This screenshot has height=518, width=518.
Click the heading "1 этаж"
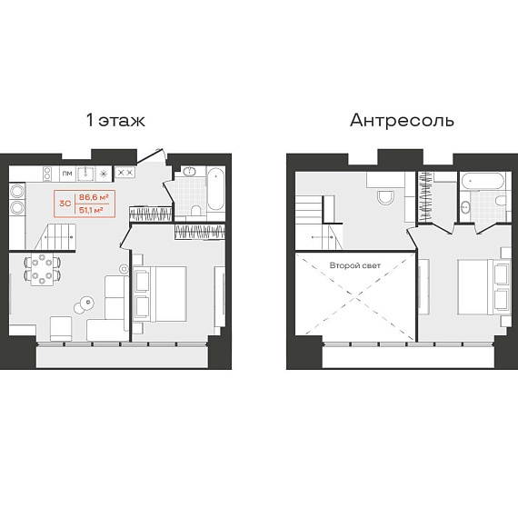point(115,120)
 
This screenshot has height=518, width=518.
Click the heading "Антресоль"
point(402,120)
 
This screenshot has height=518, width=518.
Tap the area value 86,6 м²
point(94,197)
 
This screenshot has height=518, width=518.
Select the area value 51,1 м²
point(91,210)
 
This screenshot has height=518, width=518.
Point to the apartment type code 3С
point(65,204)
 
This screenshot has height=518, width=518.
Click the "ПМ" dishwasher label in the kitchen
point(67,174)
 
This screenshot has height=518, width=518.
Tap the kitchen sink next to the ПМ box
point(86,174)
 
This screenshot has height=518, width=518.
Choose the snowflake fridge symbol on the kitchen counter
point(104,174)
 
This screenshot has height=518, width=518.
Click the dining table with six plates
point(42,269)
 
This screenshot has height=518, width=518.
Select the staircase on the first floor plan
point(55,236)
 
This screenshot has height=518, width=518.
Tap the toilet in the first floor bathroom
point(195,210)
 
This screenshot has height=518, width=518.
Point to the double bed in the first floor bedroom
point(160,294)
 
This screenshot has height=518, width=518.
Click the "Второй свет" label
point(355,265)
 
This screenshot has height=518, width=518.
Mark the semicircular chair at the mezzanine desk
point(385,197)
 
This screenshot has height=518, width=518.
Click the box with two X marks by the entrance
point(125,173)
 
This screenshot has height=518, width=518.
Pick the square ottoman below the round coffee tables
point(61,328)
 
